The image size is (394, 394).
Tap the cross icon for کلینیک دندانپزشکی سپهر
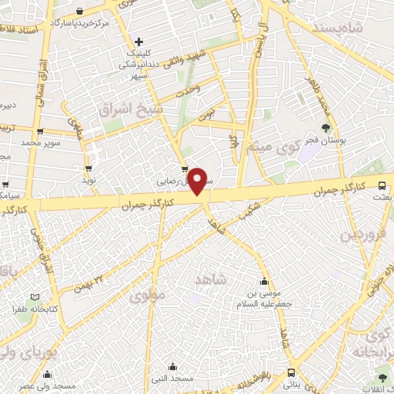138,42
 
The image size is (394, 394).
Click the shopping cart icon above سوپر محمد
40,132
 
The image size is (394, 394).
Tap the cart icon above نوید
89,168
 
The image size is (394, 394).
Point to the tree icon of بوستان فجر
327,128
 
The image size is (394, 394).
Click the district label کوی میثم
273,145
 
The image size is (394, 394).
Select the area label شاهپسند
338,28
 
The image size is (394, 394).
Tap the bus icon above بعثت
382,184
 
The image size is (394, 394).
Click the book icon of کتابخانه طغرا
32,297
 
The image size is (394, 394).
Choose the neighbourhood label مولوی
146,295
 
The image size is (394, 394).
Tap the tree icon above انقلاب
382,377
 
